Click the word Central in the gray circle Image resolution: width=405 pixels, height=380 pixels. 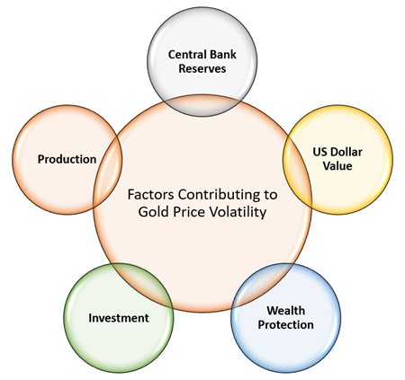(184, 55)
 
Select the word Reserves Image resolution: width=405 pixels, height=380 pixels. (202, 68)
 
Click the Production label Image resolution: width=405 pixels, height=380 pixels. (67, 159)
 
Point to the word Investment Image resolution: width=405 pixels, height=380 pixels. (119, 318)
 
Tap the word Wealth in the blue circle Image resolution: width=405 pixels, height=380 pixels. (285, 311)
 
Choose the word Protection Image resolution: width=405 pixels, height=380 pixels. (285, 324)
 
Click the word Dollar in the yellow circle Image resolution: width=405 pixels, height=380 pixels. (346, 152)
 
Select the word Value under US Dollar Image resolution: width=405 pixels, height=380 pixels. (337, 166)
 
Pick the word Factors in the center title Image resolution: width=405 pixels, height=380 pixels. (150, 194)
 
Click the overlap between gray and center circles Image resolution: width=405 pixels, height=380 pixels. (202, 106)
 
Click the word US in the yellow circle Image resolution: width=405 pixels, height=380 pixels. (319, 152)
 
